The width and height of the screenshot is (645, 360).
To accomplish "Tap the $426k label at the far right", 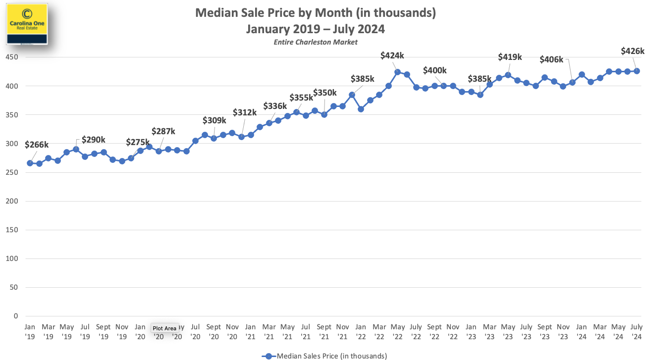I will (x=632, y=51).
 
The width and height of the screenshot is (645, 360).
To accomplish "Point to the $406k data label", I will (x=551, y=59).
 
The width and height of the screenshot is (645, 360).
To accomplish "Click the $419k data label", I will (x=510, y=57).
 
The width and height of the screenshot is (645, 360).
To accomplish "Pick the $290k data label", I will (x=94, y=140).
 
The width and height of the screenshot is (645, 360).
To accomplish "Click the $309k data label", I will (x=215, y=120).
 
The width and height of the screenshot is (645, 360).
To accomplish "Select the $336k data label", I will (x=275, y=105).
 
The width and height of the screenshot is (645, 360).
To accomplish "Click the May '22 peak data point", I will (x=398, y=72).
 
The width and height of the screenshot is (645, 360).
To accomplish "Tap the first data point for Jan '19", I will (x=30, y=163).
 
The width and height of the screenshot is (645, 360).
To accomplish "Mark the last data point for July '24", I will (x=637, y=71).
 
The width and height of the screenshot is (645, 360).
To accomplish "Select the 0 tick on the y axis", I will (x=16, y=316).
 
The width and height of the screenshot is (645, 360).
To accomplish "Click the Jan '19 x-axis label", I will (x=30, y=331).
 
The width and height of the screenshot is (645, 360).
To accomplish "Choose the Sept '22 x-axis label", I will (x=434, y=331).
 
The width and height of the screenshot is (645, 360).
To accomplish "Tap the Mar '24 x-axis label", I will (x=600, y=331).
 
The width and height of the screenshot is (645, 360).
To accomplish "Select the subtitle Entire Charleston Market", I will (x=316, y=42).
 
